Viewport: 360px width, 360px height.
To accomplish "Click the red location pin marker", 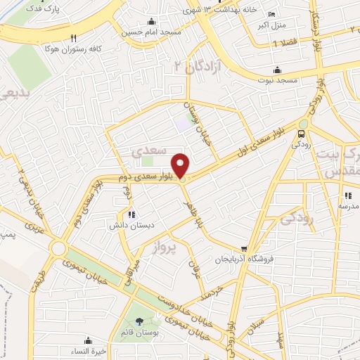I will pos(181,165).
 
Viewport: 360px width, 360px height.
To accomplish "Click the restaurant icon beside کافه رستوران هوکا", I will pos(72,39).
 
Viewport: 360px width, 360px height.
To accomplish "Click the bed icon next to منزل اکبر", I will pos(272,14).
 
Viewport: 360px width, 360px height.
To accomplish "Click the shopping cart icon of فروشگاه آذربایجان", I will pos(244,248).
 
